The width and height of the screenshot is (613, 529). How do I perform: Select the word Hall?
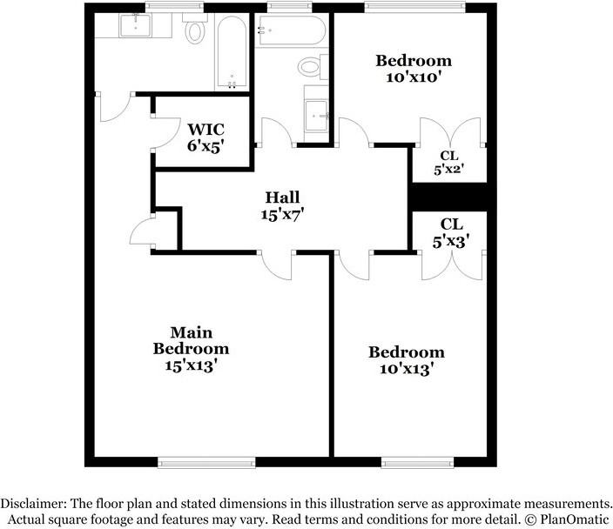(284, 196)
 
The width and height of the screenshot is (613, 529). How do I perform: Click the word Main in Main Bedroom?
(192, 332)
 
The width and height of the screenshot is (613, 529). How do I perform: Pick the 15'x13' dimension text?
(192, 366)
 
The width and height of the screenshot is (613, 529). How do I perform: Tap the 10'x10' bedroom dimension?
(413, 77)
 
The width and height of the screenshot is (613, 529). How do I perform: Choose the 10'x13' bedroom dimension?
(406, 369)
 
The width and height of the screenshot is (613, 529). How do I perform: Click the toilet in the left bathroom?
(195, 33)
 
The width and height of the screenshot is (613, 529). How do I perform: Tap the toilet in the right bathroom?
(310, 66)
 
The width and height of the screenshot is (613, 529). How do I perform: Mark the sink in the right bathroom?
(316, 111)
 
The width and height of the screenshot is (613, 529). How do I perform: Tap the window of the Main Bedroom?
(205, 460)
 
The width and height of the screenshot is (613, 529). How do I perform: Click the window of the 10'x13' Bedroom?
(411, 460)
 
